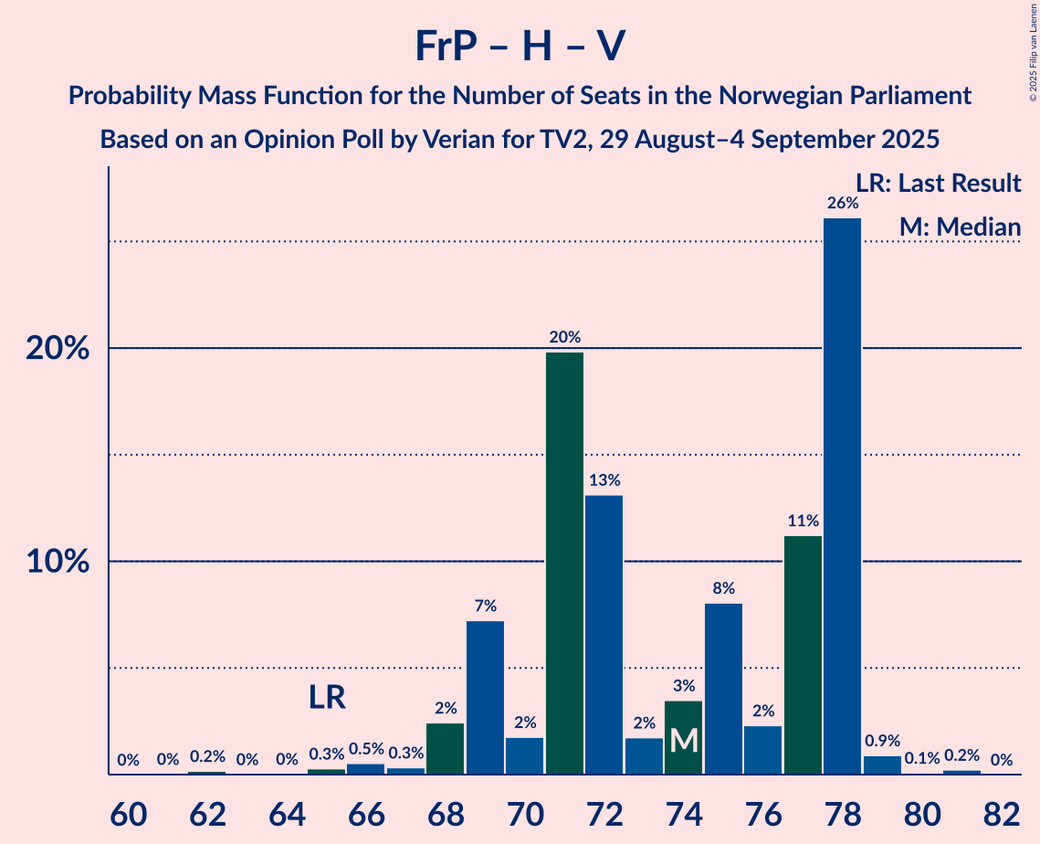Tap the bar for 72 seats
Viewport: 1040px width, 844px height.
604,635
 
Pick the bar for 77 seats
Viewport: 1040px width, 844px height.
803,655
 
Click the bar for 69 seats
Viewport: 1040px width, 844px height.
485,698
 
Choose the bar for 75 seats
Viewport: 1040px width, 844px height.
723,689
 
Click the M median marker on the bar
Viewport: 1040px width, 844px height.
683,741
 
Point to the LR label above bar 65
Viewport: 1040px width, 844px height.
327,699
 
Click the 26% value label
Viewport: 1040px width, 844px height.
842,204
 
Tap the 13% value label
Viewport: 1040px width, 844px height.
604,480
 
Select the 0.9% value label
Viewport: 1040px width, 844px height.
882,742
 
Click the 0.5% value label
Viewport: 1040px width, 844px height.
366,749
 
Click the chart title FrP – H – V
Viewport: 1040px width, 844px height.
520,46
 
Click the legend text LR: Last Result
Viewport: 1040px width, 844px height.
938,184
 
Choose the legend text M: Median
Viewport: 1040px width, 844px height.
960,227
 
